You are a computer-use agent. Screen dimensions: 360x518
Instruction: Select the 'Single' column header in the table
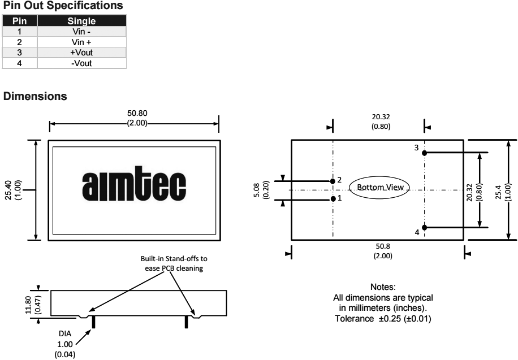(x=81, y=21)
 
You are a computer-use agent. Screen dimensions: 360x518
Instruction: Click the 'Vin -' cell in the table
(x=81, y=32)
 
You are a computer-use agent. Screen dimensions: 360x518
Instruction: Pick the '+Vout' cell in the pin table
(x=81, y=53)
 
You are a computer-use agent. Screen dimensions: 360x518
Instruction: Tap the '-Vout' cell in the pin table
(x=81, y=63)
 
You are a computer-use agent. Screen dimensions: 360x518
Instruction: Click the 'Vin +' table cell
(x=81, y=42)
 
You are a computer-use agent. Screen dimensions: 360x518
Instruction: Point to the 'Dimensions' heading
(x=36, y=97)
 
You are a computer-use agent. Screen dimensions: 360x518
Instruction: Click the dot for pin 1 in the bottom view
(x=333, y=199)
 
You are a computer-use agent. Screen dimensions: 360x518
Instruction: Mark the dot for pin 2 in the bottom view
(x=333, y=181)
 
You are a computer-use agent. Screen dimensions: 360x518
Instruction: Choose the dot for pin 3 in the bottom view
(x=424, y=153)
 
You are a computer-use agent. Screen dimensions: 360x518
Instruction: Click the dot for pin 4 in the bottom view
(x=424, y=228)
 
